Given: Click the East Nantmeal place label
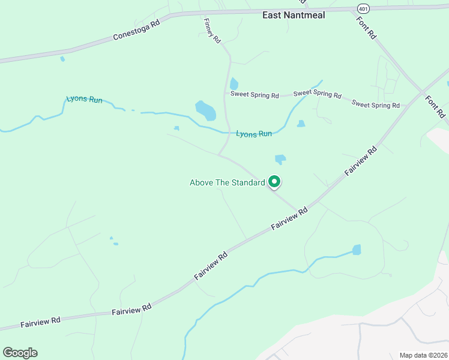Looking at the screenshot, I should click(294, 15).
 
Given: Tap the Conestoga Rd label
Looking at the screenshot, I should click(137, 31).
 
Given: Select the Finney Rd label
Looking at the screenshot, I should click(212, 30).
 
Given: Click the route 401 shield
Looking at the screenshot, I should click(363, 8).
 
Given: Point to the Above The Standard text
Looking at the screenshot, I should click(227, 182).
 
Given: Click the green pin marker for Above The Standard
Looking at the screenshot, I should click(274, 181).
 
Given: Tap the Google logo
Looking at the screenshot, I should click(20, 353).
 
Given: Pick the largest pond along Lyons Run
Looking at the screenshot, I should click(205, 110).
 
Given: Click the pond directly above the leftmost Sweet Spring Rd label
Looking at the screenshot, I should click(234, 84).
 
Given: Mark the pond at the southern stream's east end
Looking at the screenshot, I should click(357, 249).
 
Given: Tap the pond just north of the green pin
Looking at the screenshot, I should click(280, 160).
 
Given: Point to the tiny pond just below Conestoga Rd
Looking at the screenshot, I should click(62, 59).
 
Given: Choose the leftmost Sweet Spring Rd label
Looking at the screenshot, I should click(255, 95).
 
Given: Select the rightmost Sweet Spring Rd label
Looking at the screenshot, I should click(376, 104).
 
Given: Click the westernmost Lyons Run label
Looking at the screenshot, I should click(84, 99).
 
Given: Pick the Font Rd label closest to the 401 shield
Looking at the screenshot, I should click(366, 27).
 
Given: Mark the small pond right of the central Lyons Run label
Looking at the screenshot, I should click(301, 124).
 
